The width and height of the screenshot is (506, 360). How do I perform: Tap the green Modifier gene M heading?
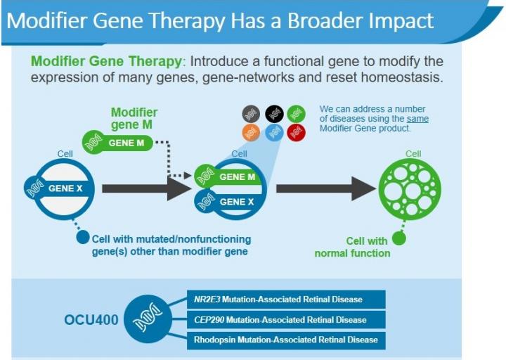(134, 119)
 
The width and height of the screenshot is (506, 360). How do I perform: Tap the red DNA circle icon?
(297, 131)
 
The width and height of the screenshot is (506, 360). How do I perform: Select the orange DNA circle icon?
(252, 131)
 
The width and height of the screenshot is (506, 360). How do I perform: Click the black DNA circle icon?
(274, 112)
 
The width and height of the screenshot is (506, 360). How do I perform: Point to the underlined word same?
(417, 119)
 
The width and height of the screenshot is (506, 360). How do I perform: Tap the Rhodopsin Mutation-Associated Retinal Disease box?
(286, 340)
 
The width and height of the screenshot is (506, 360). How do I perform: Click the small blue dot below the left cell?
(82, 238)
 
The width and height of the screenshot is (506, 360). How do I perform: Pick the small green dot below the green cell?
(399, 238)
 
